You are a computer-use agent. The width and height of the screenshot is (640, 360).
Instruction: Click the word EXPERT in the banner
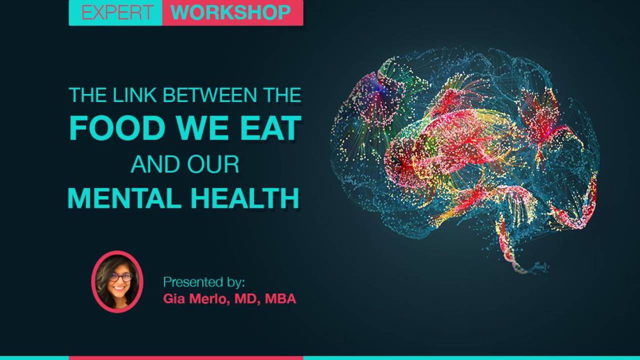click(116, 12)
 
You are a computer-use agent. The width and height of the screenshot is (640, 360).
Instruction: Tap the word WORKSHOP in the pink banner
click(230, 12)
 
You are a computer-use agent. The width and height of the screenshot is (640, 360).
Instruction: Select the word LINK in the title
click(134, 95)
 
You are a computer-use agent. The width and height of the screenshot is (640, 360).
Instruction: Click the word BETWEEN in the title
click(210, 95)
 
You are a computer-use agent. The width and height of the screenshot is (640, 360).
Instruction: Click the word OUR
click(213, 164)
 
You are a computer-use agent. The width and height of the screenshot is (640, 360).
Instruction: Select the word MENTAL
click(124, 198)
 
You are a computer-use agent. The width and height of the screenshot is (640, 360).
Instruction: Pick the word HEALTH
click(245, 198)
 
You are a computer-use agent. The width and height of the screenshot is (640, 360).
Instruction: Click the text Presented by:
click(204, 282)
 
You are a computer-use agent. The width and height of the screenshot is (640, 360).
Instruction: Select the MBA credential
click(280, 299)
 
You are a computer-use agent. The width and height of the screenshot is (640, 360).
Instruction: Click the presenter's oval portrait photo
click(117, 281)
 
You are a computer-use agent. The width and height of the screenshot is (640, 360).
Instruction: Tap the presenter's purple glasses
click(120, 276)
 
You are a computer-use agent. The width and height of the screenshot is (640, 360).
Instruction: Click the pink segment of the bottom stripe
click(186, 358)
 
